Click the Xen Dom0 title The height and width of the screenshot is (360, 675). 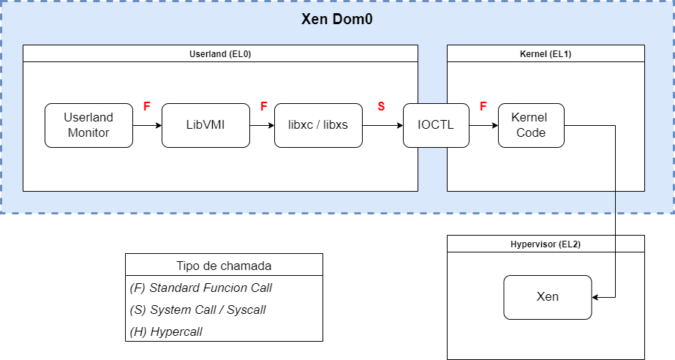(x=337, y=20)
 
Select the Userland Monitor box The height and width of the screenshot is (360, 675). (x=88, y=125)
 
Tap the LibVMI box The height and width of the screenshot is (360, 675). (x=205, y=125)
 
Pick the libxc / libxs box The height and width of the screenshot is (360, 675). (x=318, y=125)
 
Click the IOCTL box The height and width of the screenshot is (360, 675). (x=436, y=125)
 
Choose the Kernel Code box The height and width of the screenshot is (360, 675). (x=529, y=125)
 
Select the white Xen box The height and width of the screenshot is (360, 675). (x=547, y=297)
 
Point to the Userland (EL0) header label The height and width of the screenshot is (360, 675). (x=220, y=53)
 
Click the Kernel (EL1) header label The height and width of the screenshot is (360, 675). (x=546, y=53)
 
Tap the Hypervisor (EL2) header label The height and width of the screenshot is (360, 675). (x=546, y=244)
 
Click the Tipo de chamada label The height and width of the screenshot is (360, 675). (x=224, y=266)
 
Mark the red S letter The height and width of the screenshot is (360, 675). (x=381, y=107)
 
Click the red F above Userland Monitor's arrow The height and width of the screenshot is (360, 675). (x=146, y=107)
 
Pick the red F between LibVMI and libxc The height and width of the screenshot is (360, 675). (x=263, y=107)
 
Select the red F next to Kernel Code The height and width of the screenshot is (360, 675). (x=483, y=107)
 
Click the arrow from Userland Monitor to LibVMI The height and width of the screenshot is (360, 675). (x=147, y=125)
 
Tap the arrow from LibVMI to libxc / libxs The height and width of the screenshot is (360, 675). (x=262, y=125)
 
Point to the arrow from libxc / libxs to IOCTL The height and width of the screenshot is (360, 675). (x=382, y=125)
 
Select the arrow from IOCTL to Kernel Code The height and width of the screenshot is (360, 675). (x=483, y=125)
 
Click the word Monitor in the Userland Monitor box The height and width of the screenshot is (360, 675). (x=88, y=132)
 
